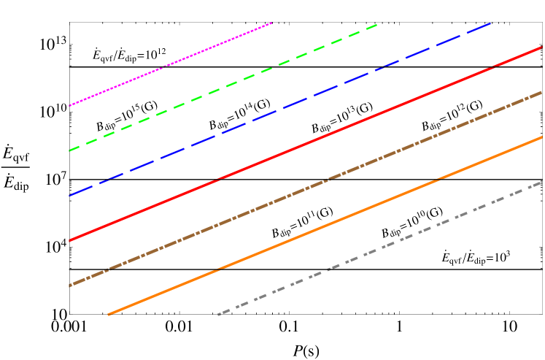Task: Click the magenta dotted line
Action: tap(171, 64)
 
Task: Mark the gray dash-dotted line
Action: tap(379, 248)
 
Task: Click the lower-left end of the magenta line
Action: tap(69, 106)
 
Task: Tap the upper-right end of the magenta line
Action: tap(272, 23)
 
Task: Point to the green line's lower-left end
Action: tap(69, 150)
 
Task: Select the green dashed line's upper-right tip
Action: tap(377, 25)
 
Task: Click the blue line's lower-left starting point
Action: tap(69, 196)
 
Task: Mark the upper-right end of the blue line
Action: tap(491, 23)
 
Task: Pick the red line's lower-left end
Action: tap(69, 240)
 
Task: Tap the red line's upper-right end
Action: tap(541, 47)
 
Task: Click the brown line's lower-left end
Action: tap(69, 286)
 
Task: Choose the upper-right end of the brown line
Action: tap(541, 92)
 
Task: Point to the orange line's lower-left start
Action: tap(109, 315)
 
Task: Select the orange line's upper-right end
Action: tap(541, 137)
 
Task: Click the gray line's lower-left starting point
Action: tap(218, 315)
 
